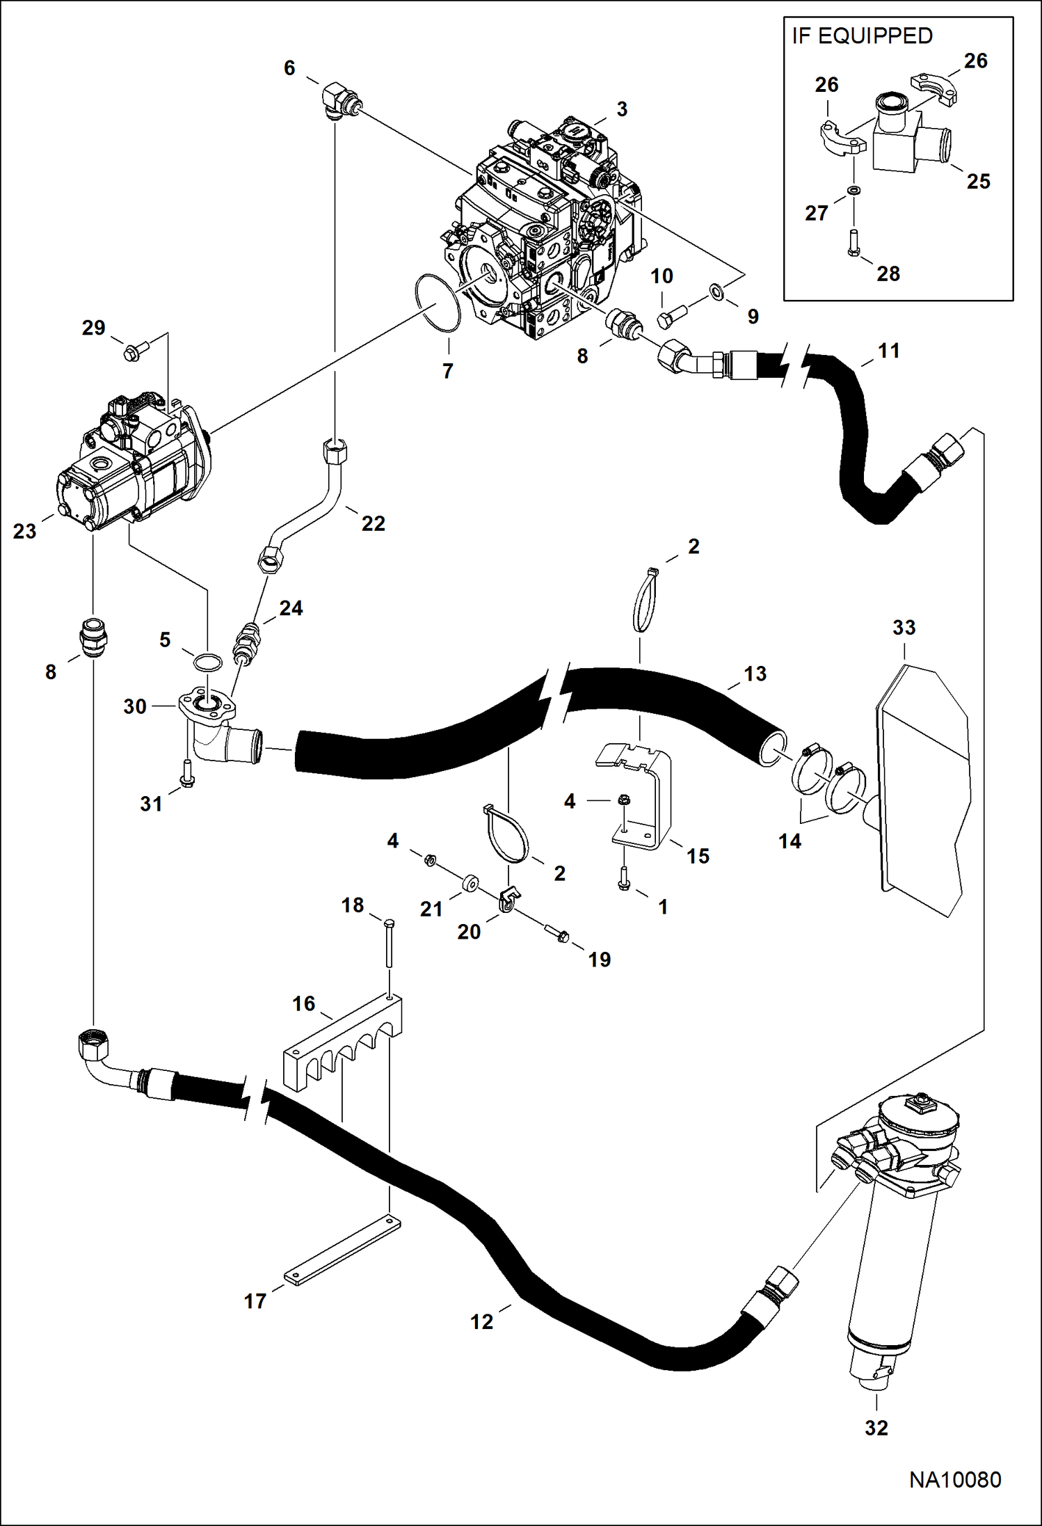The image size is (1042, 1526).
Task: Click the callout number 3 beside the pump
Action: (x=622, y=109)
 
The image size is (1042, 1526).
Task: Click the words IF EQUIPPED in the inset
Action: (x=862, y=36)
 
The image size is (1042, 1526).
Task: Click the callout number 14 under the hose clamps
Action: (x=789, y=842)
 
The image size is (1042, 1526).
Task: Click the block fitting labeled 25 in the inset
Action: (x=901, y=139)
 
